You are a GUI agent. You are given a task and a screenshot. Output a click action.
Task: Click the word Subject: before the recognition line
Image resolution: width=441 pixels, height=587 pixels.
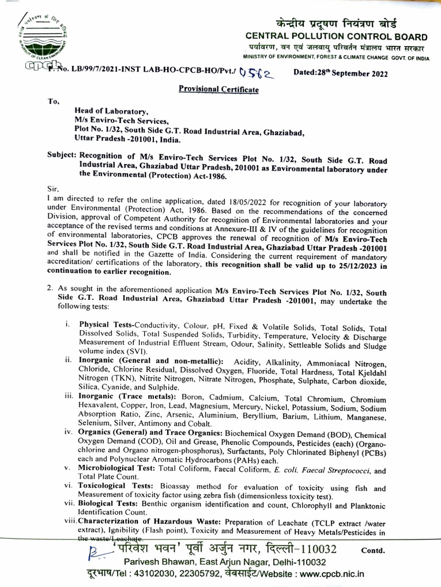coord(61,155)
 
